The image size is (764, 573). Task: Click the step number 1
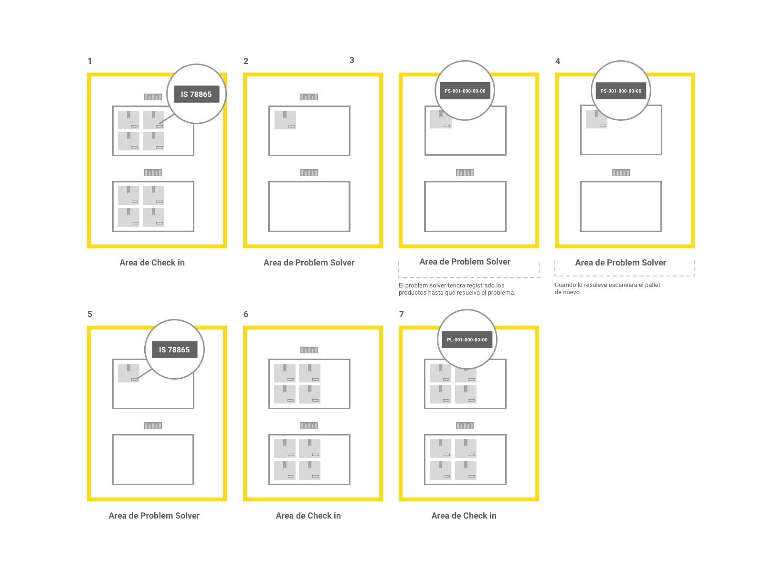pos(89,61)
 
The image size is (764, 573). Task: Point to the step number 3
pos(352,60)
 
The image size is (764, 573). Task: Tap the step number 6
pos(246,314)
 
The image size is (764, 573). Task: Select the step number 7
pos(402,314)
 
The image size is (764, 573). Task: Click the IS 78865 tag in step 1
pos(196,94)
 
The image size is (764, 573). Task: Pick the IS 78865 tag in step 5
pos(174,350)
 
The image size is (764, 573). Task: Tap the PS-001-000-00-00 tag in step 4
pos(621,91)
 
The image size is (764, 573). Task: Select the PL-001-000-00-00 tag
pos(467,340)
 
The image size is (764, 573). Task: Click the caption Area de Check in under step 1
pos(152,263)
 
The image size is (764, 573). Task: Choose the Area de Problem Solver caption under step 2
pos(309,263)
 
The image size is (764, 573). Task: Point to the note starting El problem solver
pos(457,289)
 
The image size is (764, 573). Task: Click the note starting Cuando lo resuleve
pos(607,288)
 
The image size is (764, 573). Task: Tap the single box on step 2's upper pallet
pos(285,120)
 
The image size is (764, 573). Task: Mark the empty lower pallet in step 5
pos(153,459)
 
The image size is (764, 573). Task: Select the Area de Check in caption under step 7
pos(464,516)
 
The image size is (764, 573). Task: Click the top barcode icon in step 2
pos(309,97)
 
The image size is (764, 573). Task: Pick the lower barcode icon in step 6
pos(309,425)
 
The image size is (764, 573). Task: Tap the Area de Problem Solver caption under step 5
pos(154,516)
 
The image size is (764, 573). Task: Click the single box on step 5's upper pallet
pos(128,373)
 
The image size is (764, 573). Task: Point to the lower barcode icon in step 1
pos(153,172)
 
